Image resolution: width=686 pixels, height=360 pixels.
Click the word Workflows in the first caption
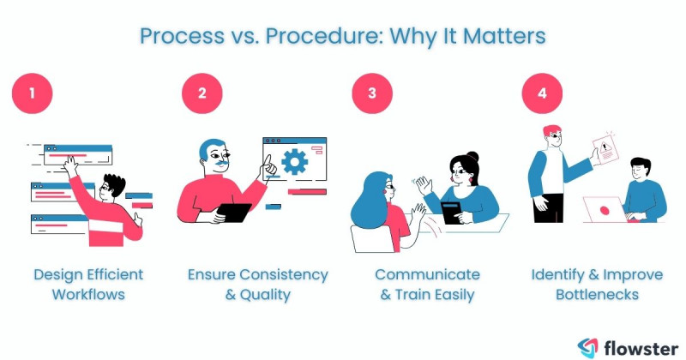click(88, 294)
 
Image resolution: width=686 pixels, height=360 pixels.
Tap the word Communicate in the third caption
click(427, 274)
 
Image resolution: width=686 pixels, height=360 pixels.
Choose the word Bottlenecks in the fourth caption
click(597, 294)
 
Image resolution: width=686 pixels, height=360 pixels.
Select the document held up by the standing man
click(607, 151)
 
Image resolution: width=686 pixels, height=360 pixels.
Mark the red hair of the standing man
click(552, 132)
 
